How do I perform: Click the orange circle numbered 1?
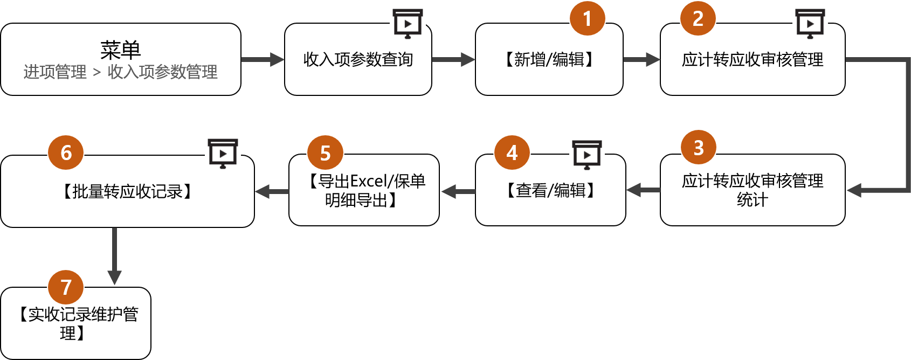(x=588, y=18)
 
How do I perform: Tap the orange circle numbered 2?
(x=698, y=18)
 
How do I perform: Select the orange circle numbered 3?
(x=699, y=147)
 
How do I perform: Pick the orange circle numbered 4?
(x=512, y=153)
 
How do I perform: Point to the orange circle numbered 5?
(x=326, y=153)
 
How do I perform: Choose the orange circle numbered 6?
(x=66, y=153)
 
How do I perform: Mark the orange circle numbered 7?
(x=66, y=287)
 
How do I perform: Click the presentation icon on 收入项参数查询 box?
(x=408, y=23)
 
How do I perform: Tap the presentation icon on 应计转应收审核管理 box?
(x=810, y=23)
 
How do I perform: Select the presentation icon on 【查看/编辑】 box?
(x=587, y=154)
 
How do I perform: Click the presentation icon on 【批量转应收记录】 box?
(x=223, y=153)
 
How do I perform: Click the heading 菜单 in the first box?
(x=120, y=50)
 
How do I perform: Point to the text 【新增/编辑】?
(x=549, y=59)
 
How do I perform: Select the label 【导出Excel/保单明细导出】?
(x=364, y=190)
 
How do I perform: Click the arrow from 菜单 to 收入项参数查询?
(x=263, y=59)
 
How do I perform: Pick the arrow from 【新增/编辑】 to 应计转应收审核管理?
(x=641, y=59)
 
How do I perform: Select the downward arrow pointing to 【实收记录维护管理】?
(x=114, y=256)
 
